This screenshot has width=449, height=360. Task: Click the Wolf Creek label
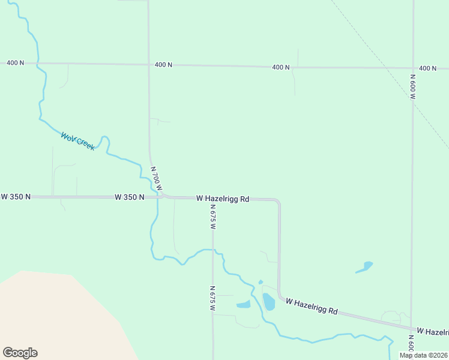(x=77, y=141)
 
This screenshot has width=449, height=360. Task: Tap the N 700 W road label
(x=156, y=179)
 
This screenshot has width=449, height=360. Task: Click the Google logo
(x=20, y=352)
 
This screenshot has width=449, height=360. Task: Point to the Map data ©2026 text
(x=423, y=355)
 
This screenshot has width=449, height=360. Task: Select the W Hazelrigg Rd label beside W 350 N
(x=222, y=198)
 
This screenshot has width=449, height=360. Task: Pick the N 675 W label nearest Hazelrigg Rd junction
(x=212, y=217)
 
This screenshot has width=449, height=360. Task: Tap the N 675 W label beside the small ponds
(x=212, y=298)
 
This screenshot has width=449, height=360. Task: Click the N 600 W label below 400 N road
(x=413, y=86)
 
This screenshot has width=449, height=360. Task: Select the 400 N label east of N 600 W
(x=427, y=68)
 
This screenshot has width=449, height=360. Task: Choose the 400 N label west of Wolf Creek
(x=15, y=62)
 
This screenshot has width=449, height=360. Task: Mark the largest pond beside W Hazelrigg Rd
(x=268, y=301)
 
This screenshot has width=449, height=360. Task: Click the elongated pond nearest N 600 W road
(x=364, y=266)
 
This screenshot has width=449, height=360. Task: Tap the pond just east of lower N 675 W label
(x=244, y=304)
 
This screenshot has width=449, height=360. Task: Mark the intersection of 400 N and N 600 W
(x=413, y=68)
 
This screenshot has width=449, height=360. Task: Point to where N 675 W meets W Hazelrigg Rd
(x=212, y=199)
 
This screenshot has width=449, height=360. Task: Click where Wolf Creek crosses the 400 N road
(x=38, y=62)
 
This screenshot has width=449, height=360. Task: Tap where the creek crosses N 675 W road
(x=212, y=249)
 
